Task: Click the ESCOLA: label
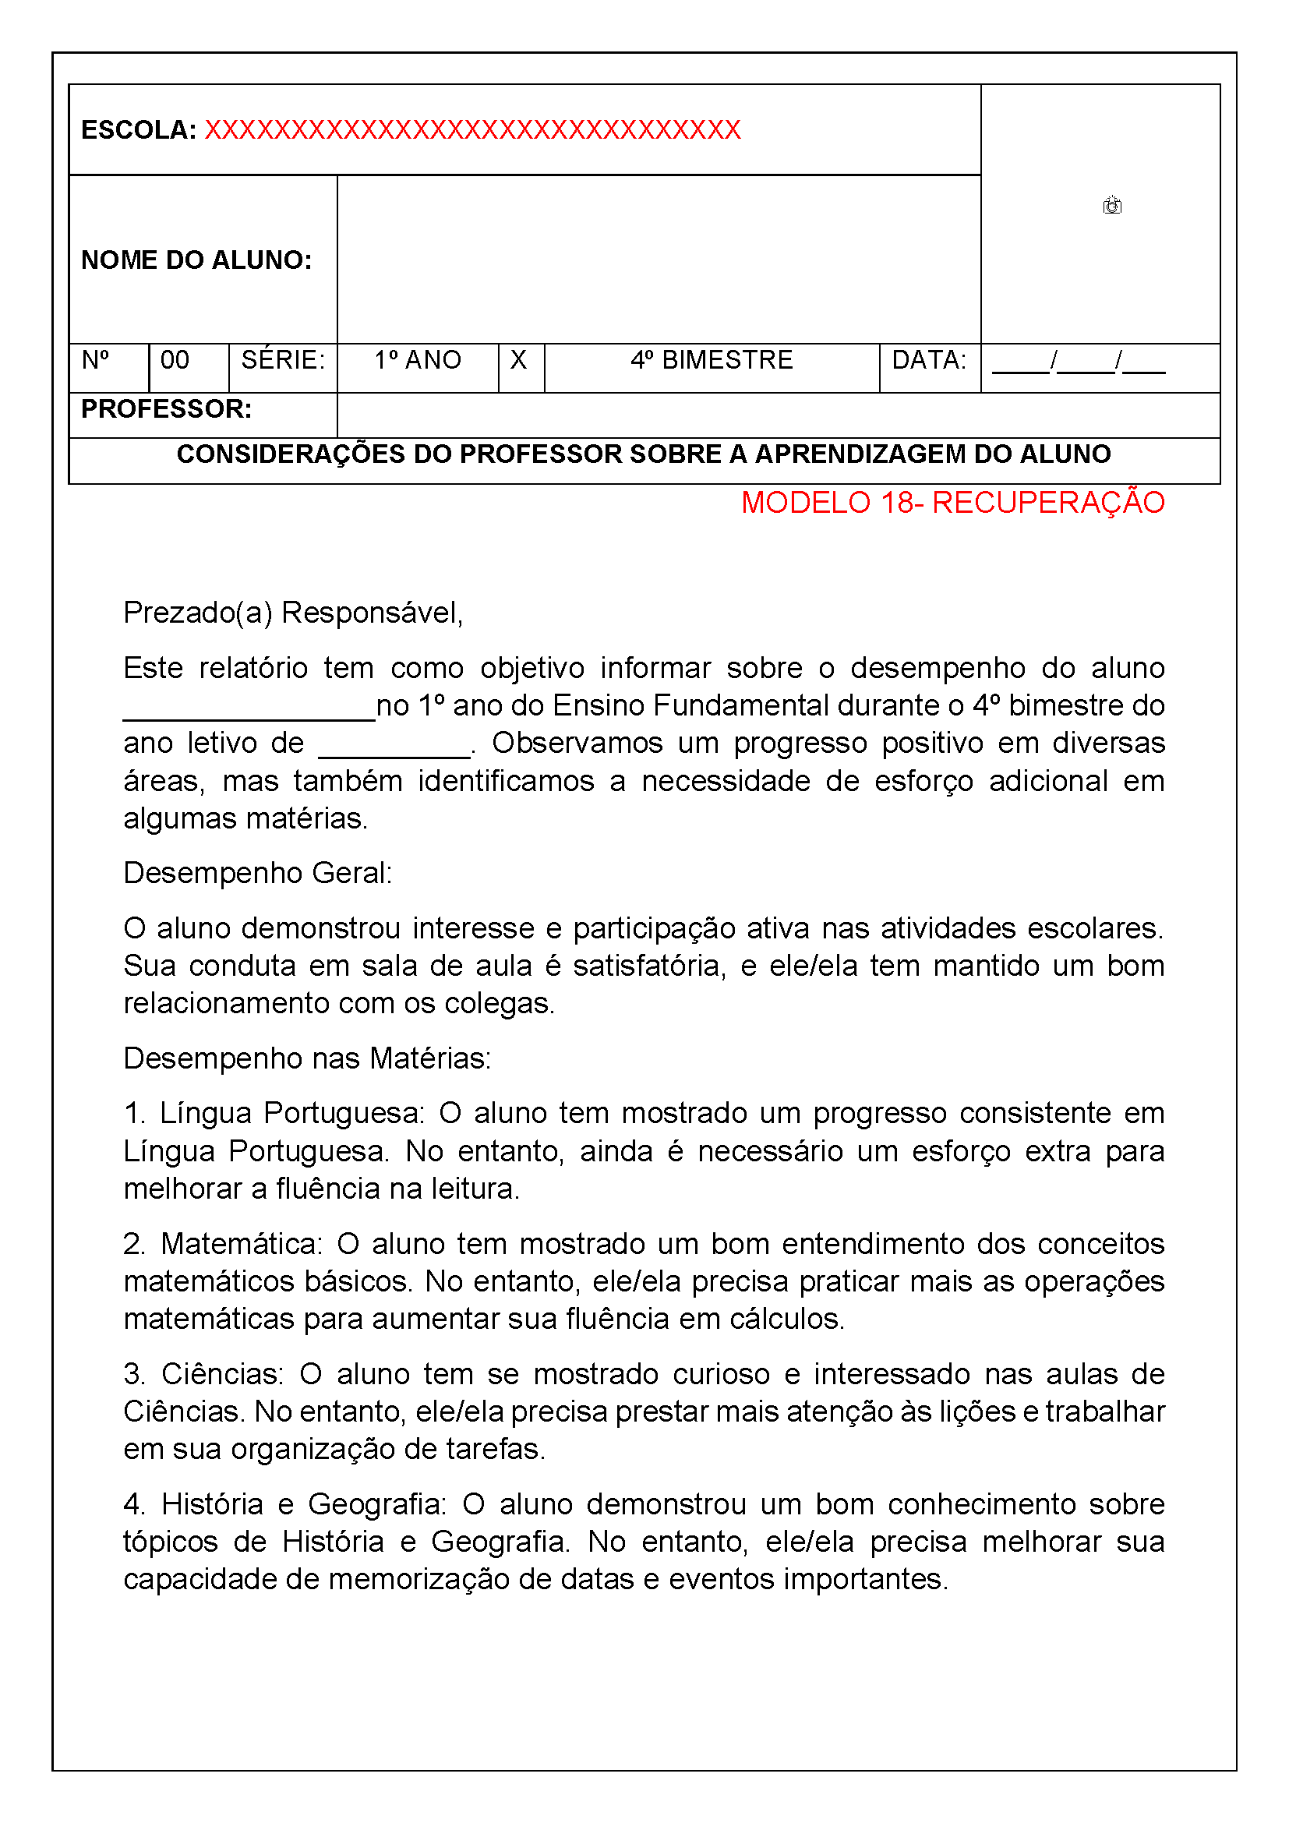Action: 139,130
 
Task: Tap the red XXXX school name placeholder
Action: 472,130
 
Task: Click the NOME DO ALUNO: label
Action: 197,260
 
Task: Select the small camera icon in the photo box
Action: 1111,206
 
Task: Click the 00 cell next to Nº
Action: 175,361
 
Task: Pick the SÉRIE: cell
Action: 283,361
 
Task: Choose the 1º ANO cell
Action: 418,361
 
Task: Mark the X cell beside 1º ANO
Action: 518,361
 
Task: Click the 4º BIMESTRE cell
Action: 712,361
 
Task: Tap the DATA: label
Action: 929,361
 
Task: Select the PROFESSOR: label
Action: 167,410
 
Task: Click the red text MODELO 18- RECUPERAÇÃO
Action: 952,503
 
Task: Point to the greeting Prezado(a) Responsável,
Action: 293,613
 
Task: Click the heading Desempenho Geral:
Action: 258,874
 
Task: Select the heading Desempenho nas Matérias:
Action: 307,1058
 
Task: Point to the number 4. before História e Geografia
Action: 133,1504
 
